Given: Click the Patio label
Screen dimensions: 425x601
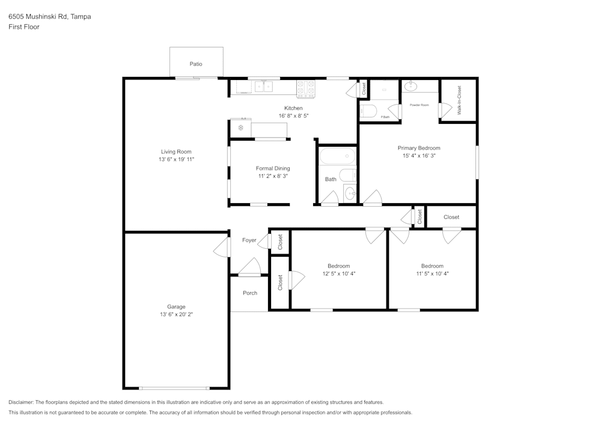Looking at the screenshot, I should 196,64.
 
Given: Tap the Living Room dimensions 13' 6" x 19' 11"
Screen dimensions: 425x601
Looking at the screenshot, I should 176,160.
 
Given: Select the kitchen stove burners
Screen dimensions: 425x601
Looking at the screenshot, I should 306,88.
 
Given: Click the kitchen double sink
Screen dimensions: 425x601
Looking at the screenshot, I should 263,88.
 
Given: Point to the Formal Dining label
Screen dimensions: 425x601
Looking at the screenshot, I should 273,168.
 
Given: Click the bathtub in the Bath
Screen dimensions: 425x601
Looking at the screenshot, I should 337,157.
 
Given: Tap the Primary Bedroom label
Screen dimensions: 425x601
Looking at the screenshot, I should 419,148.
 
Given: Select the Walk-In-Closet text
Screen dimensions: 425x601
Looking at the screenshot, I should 459,100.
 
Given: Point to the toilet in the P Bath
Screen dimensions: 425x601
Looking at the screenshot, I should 368,111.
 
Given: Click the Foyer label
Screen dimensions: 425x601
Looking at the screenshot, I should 249,240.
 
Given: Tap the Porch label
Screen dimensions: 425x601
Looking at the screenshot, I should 250,293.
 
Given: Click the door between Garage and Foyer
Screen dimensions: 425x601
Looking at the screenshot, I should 223,247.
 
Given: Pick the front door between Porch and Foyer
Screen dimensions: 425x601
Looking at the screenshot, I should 249,268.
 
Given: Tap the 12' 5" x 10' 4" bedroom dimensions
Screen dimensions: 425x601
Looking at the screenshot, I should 339,274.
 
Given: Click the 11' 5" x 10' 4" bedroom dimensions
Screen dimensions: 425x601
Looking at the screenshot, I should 432,274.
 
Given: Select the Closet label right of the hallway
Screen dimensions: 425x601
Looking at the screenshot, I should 451,217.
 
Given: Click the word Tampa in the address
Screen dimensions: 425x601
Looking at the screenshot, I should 81,17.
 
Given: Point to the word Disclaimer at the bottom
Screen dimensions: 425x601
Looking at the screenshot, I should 21,402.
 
